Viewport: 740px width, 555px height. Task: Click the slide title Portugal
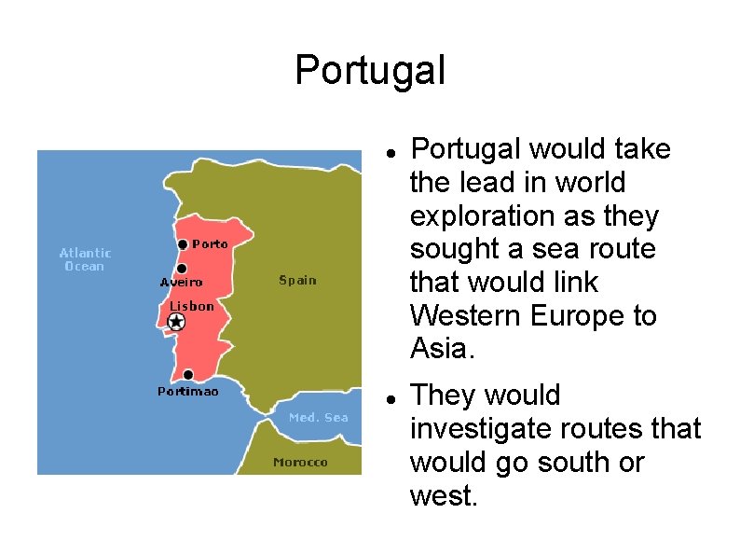[x=370, y=70]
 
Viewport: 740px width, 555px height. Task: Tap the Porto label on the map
[x=210, y=244]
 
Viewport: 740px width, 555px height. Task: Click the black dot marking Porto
[x=183, y=245]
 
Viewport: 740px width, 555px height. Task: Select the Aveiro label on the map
[x=181, y=282]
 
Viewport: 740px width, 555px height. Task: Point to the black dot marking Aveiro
[x=183, y=269]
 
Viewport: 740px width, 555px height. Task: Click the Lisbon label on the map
[x=192, y=306]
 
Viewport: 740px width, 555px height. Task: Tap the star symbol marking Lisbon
[x=176, y=322]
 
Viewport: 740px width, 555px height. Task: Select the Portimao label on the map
[x=187, y=392]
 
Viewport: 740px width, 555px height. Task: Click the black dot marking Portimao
[x=189, y=375]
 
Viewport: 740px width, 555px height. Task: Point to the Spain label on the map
[x=297, y=280]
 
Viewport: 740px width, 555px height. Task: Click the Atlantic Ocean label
[x=85, y=259]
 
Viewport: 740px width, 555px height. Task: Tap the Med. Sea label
[x=318, y=417]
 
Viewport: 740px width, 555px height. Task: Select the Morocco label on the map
[x=300, y=462]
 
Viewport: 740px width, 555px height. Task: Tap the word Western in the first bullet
[x=466, y=315]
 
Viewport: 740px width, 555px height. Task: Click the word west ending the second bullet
[x=443, y=495]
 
